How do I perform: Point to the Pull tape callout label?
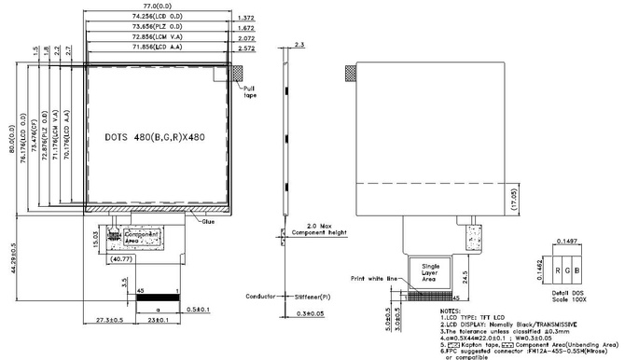pyautogui.click(x=250, y=92)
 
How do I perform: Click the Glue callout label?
pyautogui.click(x=208, y=221)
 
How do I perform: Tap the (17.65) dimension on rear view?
pyautogui.click(x=512, y=195)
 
